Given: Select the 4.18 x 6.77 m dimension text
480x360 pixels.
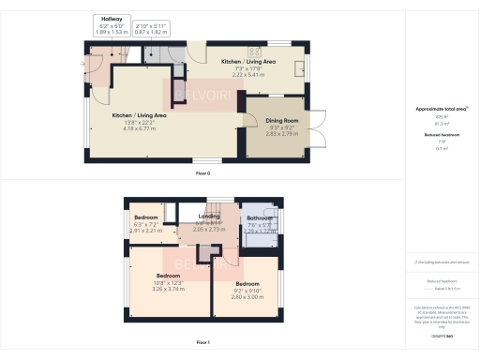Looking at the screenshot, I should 140,121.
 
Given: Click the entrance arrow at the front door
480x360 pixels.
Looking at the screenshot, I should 82,63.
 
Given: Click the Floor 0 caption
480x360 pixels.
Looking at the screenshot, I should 202,172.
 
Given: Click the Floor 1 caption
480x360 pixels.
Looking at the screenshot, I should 202,343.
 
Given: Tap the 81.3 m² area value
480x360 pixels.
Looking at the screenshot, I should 440,123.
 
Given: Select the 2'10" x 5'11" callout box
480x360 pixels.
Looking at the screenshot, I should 150,28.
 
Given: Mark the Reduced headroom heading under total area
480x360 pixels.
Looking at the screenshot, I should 440,135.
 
